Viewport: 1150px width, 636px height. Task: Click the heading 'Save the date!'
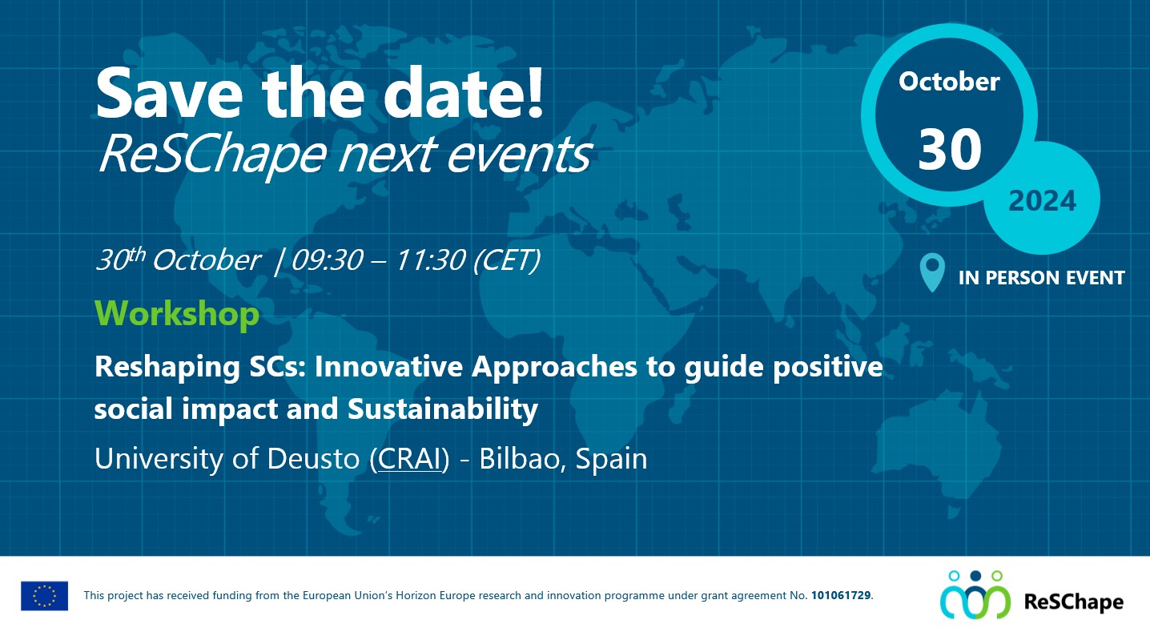click(320, 94)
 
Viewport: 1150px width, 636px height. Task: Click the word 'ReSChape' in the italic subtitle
click(211, 155)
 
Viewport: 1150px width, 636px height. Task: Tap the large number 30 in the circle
click(949, 150)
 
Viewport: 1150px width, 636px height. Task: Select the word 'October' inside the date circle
click(949, 82)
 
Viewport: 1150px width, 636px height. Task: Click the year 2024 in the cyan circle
click(1042, 201)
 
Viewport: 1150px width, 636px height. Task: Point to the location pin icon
click(932, 272)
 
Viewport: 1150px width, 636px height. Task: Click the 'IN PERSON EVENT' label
click(1041, 278)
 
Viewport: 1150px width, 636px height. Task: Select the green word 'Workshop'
click(177, 313)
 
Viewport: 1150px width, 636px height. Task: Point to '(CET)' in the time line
click(506, 260)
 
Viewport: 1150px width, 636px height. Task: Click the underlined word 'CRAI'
click(409, 460)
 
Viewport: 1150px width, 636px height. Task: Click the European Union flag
click(45, 596)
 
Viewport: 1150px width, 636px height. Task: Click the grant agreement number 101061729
click(841, 596)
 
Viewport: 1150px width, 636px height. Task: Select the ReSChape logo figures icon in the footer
click(975, 595)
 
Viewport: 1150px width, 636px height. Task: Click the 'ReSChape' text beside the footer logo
click(1073, 602)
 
